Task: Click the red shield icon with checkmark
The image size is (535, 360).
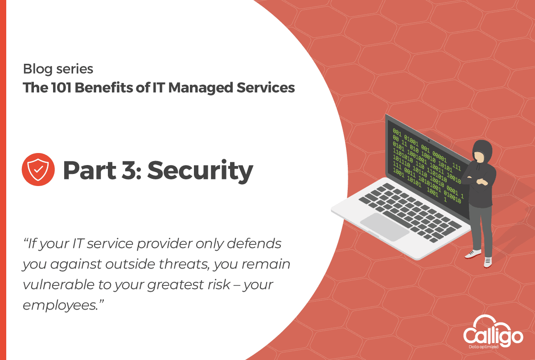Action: coord(38,170)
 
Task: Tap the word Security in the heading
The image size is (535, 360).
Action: coord(200,171)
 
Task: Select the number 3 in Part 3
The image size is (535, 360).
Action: coord(129,170)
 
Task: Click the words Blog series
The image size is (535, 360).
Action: coord(58,69)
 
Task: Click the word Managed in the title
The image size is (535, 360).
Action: coord(201,88)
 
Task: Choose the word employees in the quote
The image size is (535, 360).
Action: coord(61,306)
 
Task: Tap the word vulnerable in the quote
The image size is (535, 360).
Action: coord(58,285)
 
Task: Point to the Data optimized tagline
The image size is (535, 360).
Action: coord(484,347)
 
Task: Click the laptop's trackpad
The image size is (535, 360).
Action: coord(384,227)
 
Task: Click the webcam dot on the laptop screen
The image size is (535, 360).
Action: coord(429,141)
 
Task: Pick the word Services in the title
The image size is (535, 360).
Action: coord(266,87)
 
